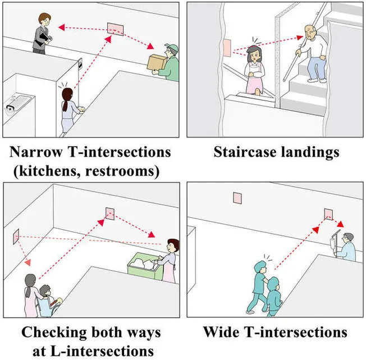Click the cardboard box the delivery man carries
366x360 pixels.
click(157, 62)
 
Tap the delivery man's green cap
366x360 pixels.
click(172, 48)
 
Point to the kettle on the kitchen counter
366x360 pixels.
click(10, 110)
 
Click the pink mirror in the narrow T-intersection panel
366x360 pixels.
click(115, 29)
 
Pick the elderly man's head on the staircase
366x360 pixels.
click(310, 32)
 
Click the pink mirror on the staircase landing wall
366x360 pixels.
click(227, 48)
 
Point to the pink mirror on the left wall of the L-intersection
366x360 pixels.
click(16, 236)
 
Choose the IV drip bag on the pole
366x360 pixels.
click(333, 243)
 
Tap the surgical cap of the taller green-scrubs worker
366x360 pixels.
click(260, 266)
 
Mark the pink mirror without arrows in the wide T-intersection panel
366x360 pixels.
click(237, 198)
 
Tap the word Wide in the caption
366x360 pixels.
click(221, 332)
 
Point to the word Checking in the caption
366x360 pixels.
click(54, 332)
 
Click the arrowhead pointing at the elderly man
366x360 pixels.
click(300, 38)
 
